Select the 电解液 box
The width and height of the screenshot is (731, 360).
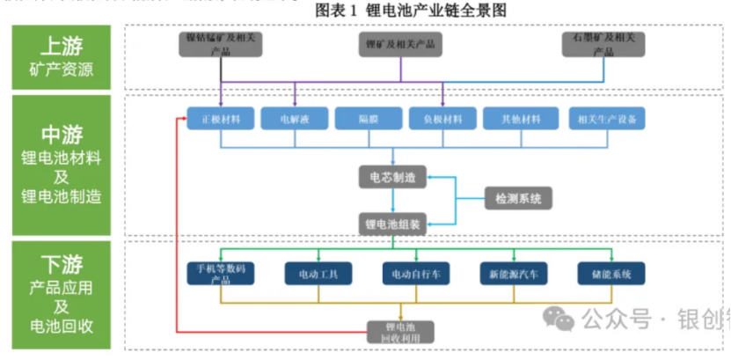click(x=294, y=118)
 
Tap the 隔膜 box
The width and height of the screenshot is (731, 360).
click(x=368, y=118)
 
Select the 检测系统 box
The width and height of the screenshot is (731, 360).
click(x=519, y=199)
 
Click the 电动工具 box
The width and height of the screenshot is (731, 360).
click(x=318, y=274)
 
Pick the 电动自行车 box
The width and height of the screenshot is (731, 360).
click(x=416, y=274)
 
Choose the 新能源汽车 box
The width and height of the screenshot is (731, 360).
click(x=514, y=274)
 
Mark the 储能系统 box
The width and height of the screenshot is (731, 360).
click(x=611, y=274)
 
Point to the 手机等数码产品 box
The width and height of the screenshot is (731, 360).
click(x=221, y=274)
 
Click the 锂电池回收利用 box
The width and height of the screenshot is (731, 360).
click(x=401, y=331)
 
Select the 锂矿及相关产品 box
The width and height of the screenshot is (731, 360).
click(x=400, y=44)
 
